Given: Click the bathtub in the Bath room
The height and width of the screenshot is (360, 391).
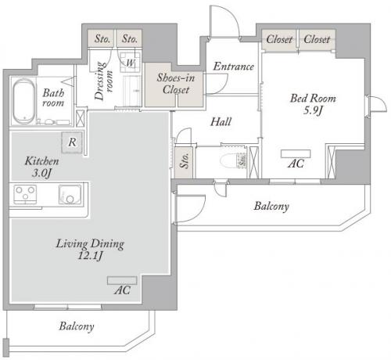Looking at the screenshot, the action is (x=23, y=101).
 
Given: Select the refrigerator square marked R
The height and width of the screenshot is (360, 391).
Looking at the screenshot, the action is (x=72, y=142).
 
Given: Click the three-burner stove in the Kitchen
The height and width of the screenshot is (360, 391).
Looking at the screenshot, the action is (x=25, y=194).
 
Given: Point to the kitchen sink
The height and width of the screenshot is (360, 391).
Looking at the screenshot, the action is (x=70, y=194).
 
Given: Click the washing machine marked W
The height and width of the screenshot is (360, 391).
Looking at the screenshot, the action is (x=130, y=63).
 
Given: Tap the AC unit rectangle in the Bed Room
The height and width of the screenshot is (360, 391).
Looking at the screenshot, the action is (x=296, y=153).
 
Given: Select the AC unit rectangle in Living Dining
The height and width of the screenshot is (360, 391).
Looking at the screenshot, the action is (x=122, y=280).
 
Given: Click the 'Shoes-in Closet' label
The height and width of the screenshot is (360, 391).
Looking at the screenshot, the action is (x=176, y=84).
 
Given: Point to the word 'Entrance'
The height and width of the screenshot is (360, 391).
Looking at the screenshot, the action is (x=234, y=67).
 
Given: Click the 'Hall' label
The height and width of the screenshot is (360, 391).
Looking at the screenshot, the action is (x=221, y=122).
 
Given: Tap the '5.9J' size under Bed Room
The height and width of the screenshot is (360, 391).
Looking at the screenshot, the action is (x=313, y=110).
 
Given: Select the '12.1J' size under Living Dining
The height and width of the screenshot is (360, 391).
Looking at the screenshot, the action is (x=90, y=256).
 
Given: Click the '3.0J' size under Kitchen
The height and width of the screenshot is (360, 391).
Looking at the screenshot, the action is (x=41, y=173).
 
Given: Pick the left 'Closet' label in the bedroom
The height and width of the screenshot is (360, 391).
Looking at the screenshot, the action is (x=279, y=40).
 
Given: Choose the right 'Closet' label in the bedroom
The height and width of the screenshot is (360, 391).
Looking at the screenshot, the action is (x=317, y=39).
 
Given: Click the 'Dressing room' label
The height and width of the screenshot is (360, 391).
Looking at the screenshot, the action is (x=103, y=81).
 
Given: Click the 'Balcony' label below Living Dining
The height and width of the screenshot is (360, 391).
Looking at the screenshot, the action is (x=77, y=326).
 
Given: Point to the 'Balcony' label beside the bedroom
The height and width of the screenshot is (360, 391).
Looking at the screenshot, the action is (x=271, y=207).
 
